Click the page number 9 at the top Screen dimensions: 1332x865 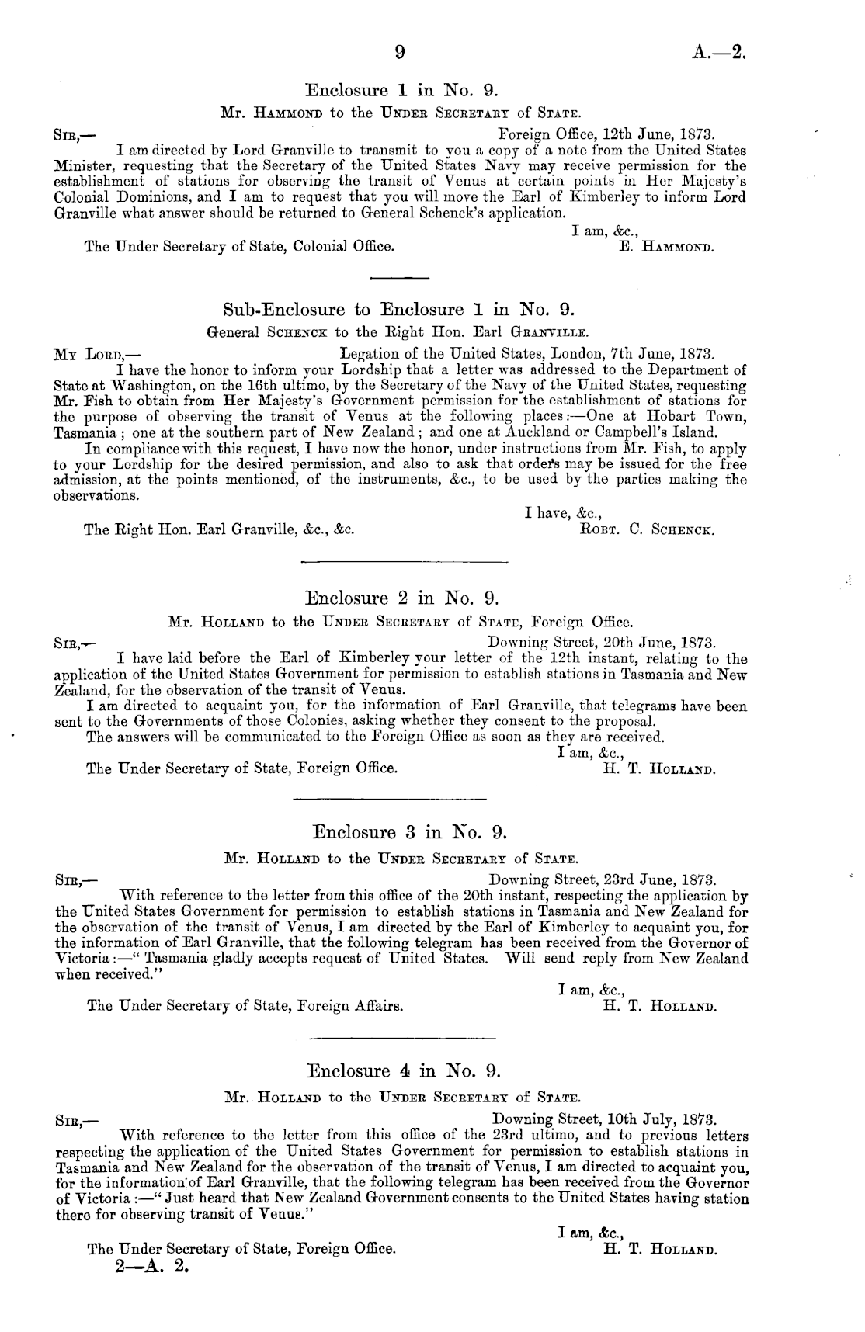coord(399,53)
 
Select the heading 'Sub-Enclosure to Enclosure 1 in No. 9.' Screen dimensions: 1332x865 coord(400,310)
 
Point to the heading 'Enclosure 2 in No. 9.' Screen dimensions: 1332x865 coord(401,598)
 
